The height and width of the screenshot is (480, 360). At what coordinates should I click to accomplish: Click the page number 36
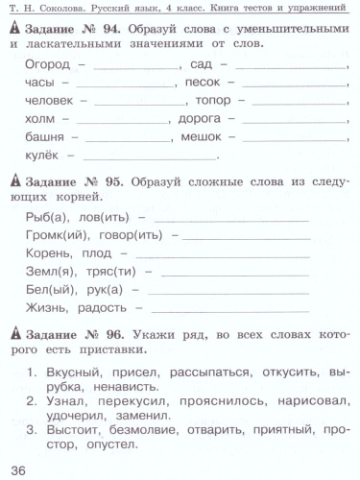point(18,468)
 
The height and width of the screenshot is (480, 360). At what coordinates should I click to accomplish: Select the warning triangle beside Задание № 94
point(13,30)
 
